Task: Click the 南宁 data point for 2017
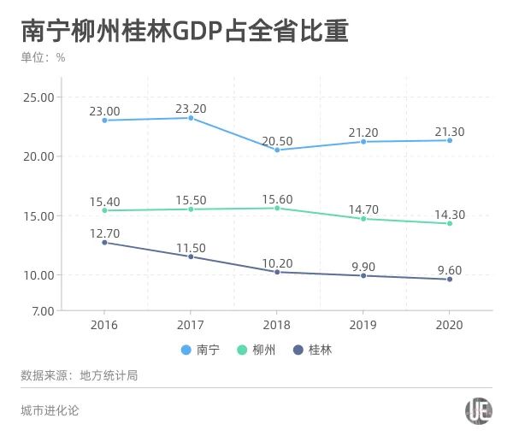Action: tap(191, 118)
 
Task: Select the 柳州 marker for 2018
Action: tap(277, 208)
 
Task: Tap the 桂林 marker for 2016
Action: tap(104, 243)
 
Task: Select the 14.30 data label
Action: tap(450, 215)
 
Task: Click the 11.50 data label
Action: tap(191, 248)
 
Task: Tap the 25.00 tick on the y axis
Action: tap(38, 97)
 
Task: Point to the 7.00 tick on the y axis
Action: tap(42, 310)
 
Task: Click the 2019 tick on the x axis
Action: tap(363, 326)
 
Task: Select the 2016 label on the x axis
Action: tap(104, 326)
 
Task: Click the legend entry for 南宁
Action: tap(202, 351)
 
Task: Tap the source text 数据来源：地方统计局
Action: tap(79, 375)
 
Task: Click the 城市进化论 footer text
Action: tap(50, 411)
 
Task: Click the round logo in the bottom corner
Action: tap(479, 411)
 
